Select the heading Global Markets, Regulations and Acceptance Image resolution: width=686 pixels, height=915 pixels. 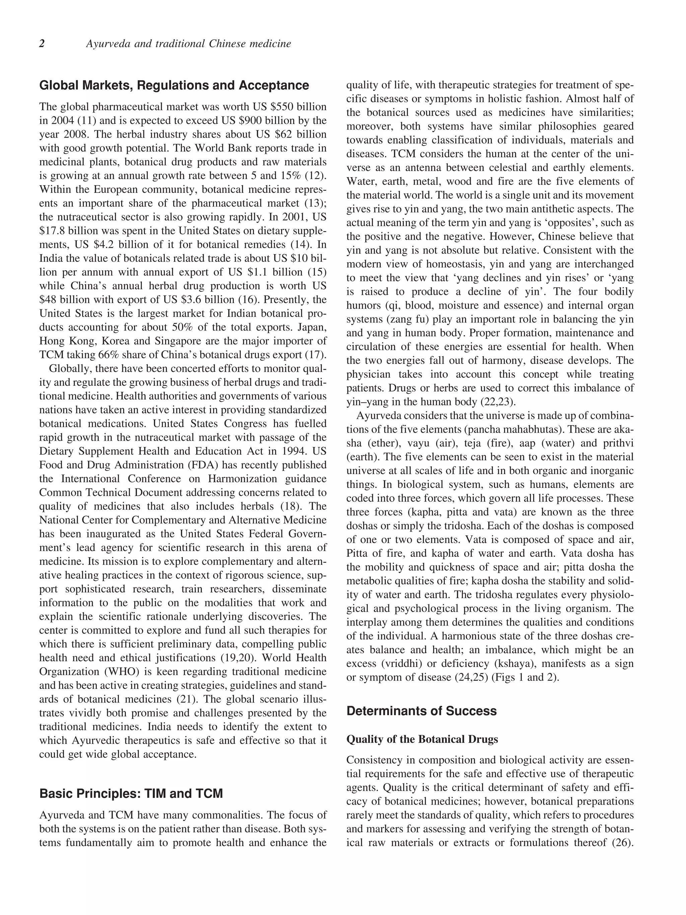pos(174,86)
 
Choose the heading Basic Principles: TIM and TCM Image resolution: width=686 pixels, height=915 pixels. pos(131,794)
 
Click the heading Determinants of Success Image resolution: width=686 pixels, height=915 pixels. pos(421,711)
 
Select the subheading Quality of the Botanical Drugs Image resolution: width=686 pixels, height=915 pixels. pos(422,739)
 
